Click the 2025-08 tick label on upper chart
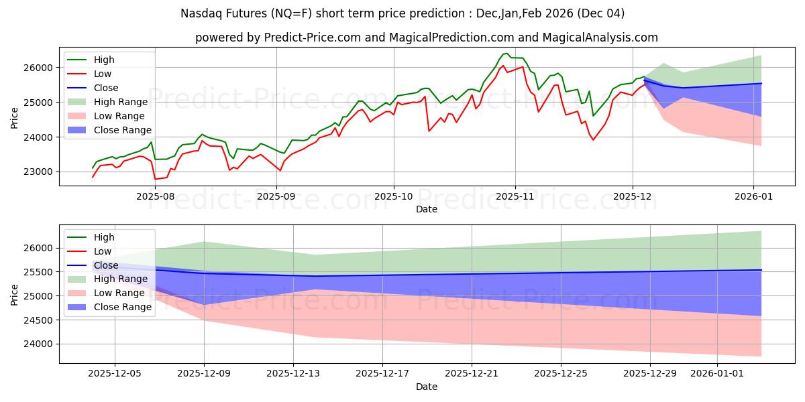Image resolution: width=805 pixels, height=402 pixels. pos(156,197)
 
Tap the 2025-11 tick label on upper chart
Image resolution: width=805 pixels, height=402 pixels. pos(515,197)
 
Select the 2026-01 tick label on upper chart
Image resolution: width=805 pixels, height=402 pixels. pos(753,197)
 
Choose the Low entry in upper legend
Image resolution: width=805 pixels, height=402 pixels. pos(103,74)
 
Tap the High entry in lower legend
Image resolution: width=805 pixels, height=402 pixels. pos(104,237)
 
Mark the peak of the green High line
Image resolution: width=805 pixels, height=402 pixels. pos(506,54)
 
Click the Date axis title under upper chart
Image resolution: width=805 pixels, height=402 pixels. pos(427,209)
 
